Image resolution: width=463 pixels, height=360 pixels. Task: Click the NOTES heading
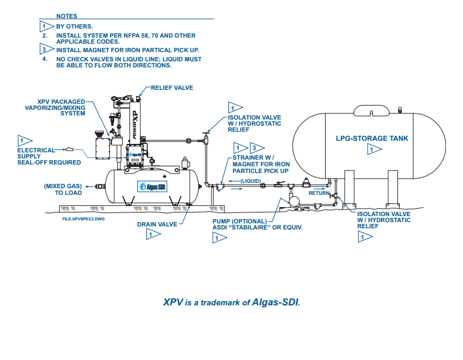[66, 16]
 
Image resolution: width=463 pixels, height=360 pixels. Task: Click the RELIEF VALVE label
[172, 88]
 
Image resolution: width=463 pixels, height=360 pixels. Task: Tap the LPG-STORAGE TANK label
[372, 138]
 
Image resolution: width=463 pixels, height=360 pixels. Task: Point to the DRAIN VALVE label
[157, 224]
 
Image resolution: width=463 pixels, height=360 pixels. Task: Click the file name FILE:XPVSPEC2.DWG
[84, 217]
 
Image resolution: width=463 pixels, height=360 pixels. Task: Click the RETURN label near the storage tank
[319, 193]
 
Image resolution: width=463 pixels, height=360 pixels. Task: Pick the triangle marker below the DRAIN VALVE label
[153, 234]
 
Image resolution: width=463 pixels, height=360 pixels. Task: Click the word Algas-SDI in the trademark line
[276, 302]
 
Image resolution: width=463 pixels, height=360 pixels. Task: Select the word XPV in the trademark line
[173, 302]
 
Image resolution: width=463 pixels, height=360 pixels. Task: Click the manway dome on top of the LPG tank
[371, 111]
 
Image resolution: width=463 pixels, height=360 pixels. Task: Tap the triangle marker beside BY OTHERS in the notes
[44, 27]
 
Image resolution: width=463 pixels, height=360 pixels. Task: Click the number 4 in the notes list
[44, 59]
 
